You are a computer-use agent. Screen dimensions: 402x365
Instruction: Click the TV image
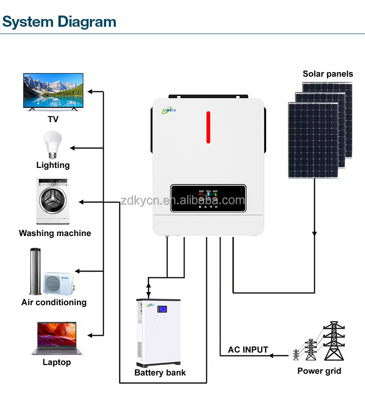pyautogui.click(x=54, y=91)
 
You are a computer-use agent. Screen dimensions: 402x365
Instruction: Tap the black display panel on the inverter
pyautogui.click(x=208, y=199)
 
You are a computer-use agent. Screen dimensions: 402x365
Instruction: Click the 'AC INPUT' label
pyautogui.click(x=248, y=349)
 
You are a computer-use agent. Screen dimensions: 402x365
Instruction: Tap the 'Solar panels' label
pyautogui.click(x=328, y=74)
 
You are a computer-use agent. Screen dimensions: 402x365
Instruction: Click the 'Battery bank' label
pyautogui.click(x=160, y=373)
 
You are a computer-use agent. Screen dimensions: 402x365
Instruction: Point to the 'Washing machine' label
pyautogui.click(x=55, y=233)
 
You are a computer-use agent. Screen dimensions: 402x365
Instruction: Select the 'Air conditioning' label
pyautogui.click(x=54, y=302)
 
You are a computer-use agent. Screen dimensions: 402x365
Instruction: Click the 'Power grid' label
pyautogui.click(x=319, y=371)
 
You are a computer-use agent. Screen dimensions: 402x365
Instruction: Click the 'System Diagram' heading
pyautogui.click(x=59, y=21)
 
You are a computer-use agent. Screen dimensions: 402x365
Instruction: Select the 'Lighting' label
pyautogui.click(x=53, y=165)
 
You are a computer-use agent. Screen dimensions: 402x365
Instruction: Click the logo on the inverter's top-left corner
pyautogui.click(x=171, y=110)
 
